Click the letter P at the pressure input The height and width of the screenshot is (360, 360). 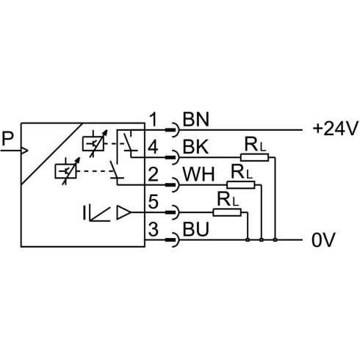(7, 139)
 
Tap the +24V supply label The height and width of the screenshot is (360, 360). (336, 129)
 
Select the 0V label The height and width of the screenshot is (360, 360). (323, 240)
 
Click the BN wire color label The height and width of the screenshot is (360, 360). (196, 120)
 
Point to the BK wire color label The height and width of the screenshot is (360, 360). (195, 147)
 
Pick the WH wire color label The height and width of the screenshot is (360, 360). (198, 174)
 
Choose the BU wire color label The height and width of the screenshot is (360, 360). (196, 229)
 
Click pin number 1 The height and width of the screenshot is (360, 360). (154, 120)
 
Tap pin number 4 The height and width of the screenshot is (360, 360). (153, 147)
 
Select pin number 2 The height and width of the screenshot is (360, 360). (153, 174)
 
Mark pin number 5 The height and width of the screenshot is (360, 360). (153, 201)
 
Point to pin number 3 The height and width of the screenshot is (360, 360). (153, 229)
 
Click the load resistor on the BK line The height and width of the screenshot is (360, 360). (254, 157)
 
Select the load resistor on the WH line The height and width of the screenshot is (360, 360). (241, 185)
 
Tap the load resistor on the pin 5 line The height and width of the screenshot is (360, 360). (227, 212)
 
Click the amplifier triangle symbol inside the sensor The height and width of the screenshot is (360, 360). (123, 212)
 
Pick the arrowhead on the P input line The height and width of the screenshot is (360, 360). (25, 151)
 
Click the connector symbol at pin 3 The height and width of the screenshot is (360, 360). (173, 240)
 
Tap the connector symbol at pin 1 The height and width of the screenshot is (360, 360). (173, 130)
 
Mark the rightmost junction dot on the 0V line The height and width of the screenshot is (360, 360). (276, 240)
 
